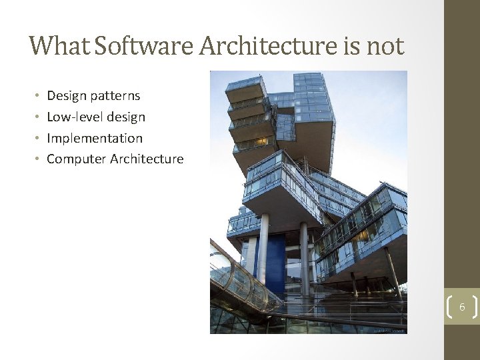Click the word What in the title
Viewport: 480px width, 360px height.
click(59, 46)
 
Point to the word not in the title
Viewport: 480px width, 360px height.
click(385, 46)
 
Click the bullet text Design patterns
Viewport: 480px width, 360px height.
click(93, 96)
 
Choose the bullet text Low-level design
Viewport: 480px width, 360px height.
click(96, 117)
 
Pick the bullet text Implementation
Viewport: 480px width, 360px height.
click(95, 139)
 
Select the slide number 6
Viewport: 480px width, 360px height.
click(461, 307)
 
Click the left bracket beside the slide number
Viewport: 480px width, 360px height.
click(447, 307)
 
